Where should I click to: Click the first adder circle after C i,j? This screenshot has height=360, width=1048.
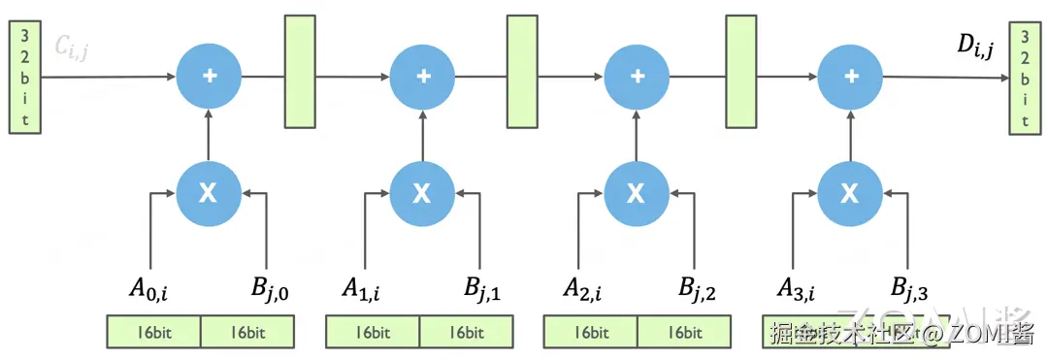pos(209,77)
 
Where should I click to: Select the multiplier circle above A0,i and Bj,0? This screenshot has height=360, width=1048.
pos(209,192)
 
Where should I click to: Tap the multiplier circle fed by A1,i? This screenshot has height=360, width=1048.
pos(422,192)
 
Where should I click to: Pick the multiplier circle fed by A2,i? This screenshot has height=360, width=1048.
pos(636,192)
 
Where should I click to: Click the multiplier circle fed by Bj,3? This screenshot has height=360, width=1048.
pos(850,192)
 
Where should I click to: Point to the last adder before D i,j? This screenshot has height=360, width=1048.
pos(850,77)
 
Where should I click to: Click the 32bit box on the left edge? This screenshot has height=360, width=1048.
pos(25,77)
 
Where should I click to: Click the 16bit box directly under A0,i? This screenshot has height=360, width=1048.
pos(153,332)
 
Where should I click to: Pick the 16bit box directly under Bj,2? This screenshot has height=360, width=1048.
pos(684,332)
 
